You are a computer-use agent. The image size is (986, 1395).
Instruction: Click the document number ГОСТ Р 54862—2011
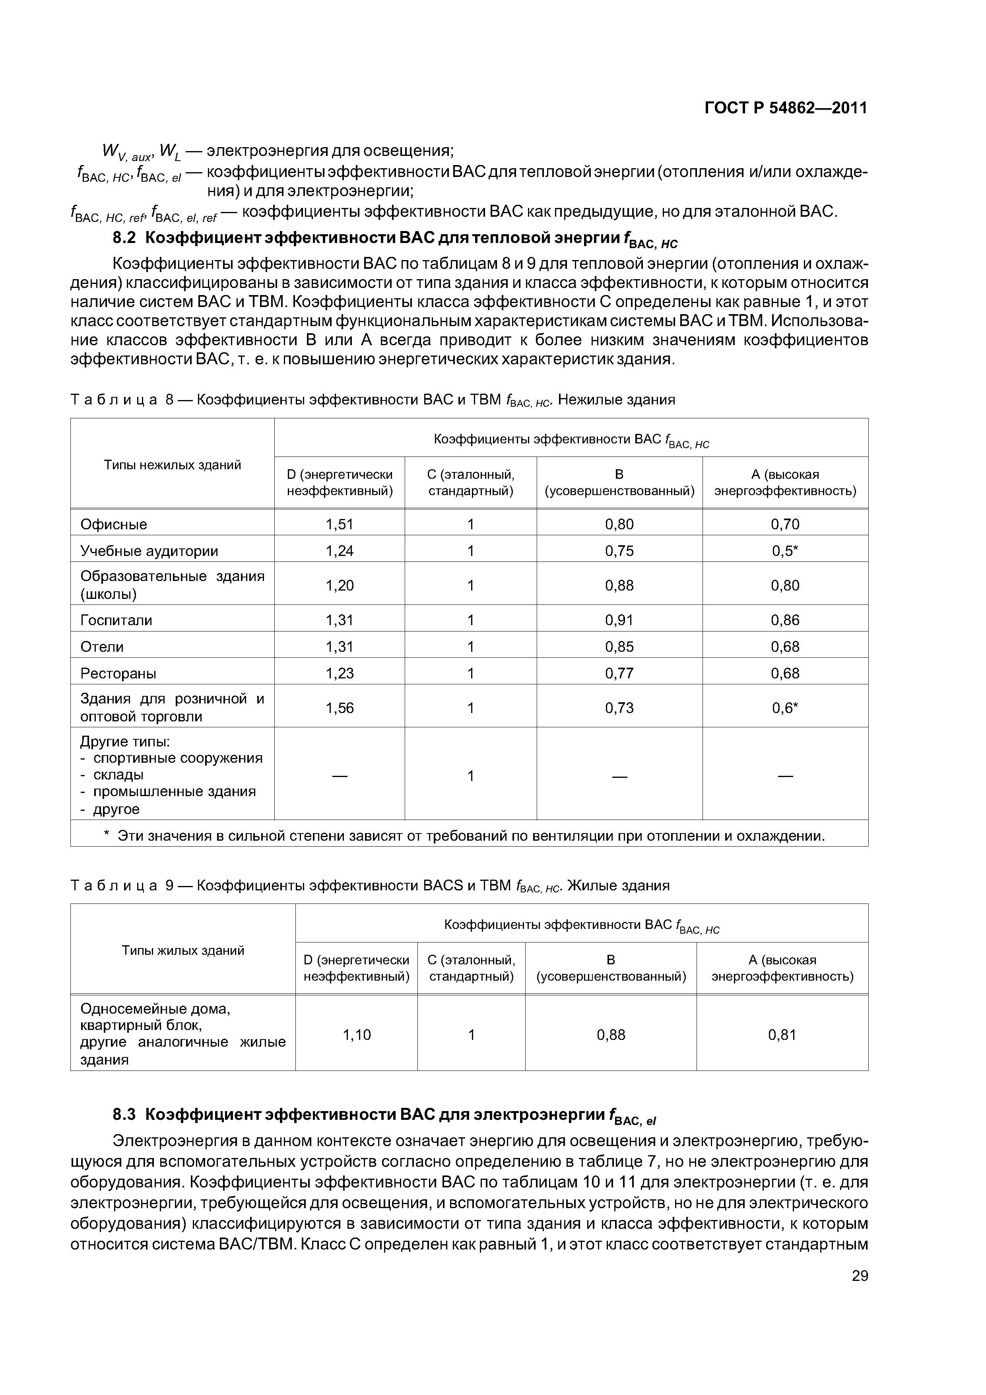tap(786, 108)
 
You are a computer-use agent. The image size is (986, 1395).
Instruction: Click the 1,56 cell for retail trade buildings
tap(339, 708)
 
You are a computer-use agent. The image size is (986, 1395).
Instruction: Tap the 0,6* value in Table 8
tap(785, 708)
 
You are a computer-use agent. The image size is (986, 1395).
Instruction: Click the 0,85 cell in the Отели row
tap(619, 647)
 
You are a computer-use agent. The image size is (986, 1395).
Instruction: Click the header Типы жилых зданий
tap(183, 950)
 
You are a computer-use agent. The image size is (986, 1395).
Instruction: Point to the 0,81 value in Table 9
tap(782, 1035)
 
